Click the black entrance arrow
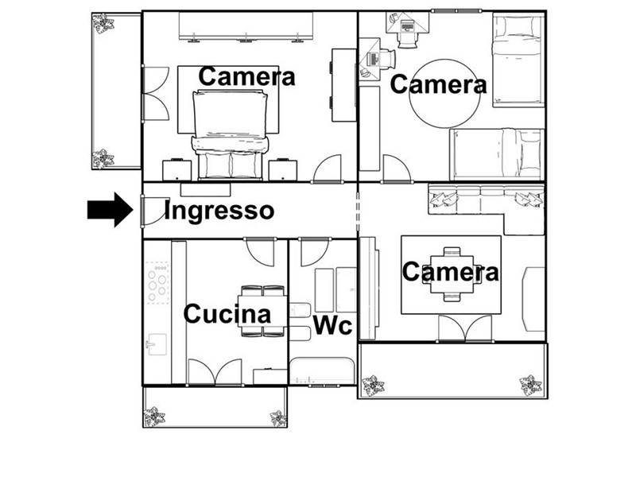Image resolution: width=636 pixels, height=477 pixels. click(x=111, y=210)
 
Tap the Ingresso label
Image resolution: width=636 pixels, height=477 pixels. click(x=219, y=211)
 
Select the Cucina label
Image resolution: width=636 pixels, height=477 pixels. click(x=227, y=313)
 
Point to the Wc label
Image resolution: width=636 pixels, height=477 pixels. click(x=332, y=325)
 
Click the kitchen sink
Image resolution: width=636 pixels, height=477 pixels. click(x=157, y=344)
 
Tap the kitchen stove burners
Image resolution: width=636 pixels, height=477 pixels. click(x=157, y=283)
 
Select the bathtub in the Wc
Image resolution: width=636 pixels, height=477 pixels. click(x=323, y=370)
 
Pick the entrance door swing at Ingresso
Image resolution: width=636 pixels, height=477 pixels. click(x=156, y=211)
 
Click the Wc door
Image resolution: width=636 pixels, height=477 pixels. click(x=314, y=252)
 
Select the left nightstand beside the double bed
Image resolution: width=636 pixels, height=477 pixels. click(x=176, y=169)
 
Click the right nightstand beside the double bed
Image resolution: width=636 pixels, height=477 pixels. click(x=283, y=169)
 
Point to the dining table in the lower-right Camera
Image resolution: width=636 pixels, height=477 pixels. click(x=452, y=274)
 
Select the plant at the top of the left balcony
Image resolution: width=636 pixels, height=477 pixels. click(x=103, y=24)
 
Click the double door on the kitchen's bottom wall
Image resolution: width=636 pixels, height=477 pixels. click(x=215, y=371)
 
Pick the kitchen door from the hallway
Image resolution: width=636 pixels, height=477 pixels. click(x=262, y=252)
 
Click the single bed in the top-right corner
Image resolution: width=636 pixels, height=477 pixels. click(x=518, y=60)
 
